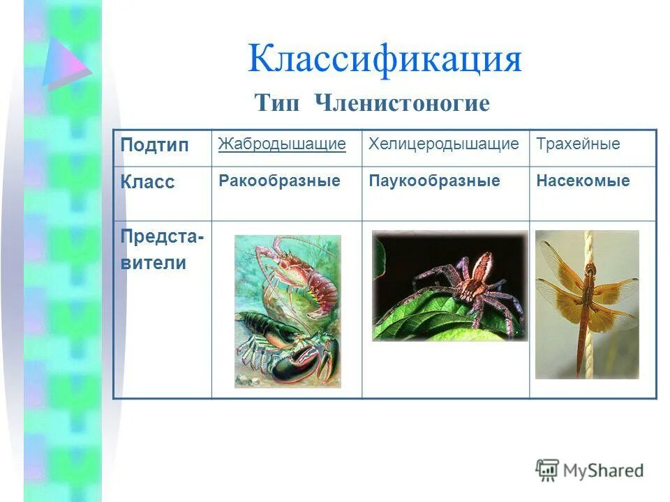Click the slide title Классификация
tap(385, 59)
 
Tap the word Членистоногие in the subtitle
tap(402, 104)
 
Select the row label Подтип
tap(154, 146)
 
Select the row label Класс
tap(147, 183)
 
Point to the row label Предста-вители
tap(162, 250)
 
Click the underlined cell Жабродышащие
tap(282, 144)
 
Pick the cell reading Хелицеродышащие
tap(444, 144)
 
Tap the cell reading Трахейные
tap(578, 144)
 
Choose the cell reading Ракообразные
tap(279, 181)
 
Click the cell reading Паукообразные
tap(434, 181)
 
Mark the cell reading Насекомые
tap(583, 181)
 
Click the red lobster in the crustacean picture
tap(300, 272)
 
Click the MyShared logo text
tap(602, 471)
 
